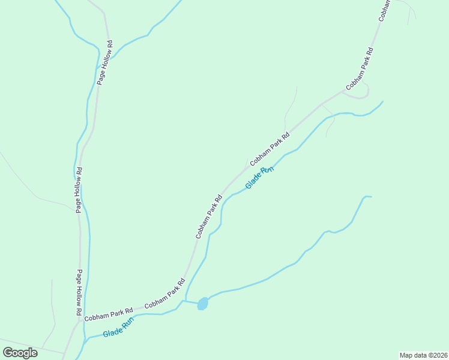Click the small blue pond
click(x=202, y=304)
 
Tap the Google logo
click(x=20, y=353)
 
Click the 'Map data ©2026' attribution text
click(x=423, y=355)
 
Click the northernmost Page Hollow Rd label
click(x=105, y=62)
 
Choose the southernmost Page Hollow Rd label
click(x=79, y=293)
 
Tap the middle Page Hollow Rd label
click(x=79, y=190)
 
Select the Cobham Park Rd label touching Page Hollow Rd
click(x=108, y=314)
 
